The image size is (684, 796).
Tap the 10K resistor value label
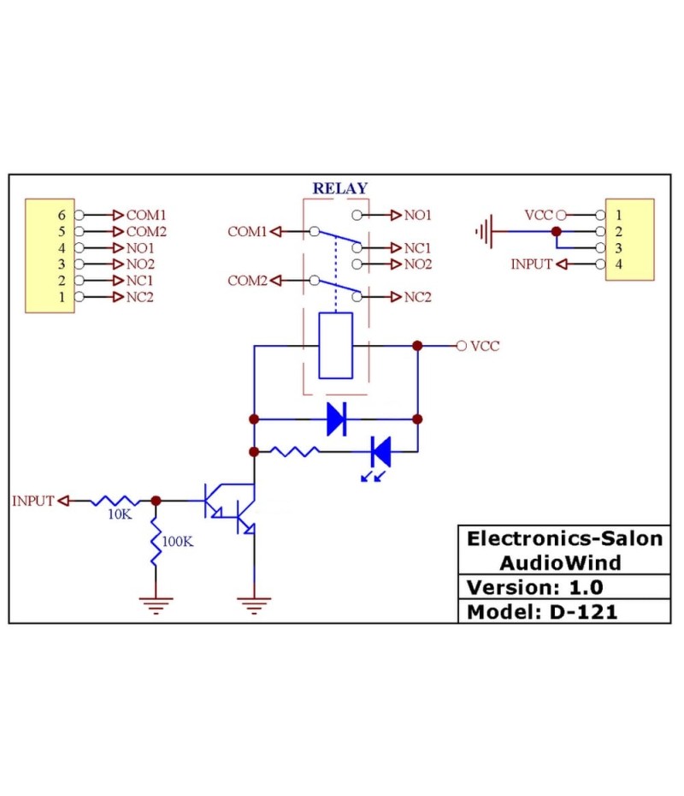pos(119,515)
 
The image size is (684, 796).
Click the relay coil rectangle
pos(335,346)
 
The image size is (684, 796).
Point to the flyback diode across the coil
pos(336,419)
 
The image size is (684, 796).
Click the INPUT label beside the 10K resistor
pos(33,501)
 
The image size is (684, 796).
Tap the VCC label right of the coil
pos(485,346)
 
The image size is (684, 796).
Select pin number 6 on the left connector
pos(61,215)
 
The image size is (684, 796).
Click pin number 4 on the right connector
pos(618,264)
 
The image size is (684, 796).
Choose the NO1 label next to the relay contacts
pos(417,215)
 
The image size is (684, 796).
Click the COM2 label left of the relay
pos(247,281)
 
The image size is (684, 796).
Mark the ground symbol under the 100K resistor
pos(156,605)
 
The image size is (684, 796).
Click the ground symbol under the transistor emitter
pos(254,605)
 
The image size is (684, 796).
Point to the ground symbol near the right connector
pos(486,231)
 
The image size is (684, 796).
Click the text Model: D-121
pos(541,612)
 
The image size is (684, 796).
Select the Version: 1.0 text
pos(534,587)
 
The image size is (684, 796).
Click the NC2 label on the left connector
pos(140,297)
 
